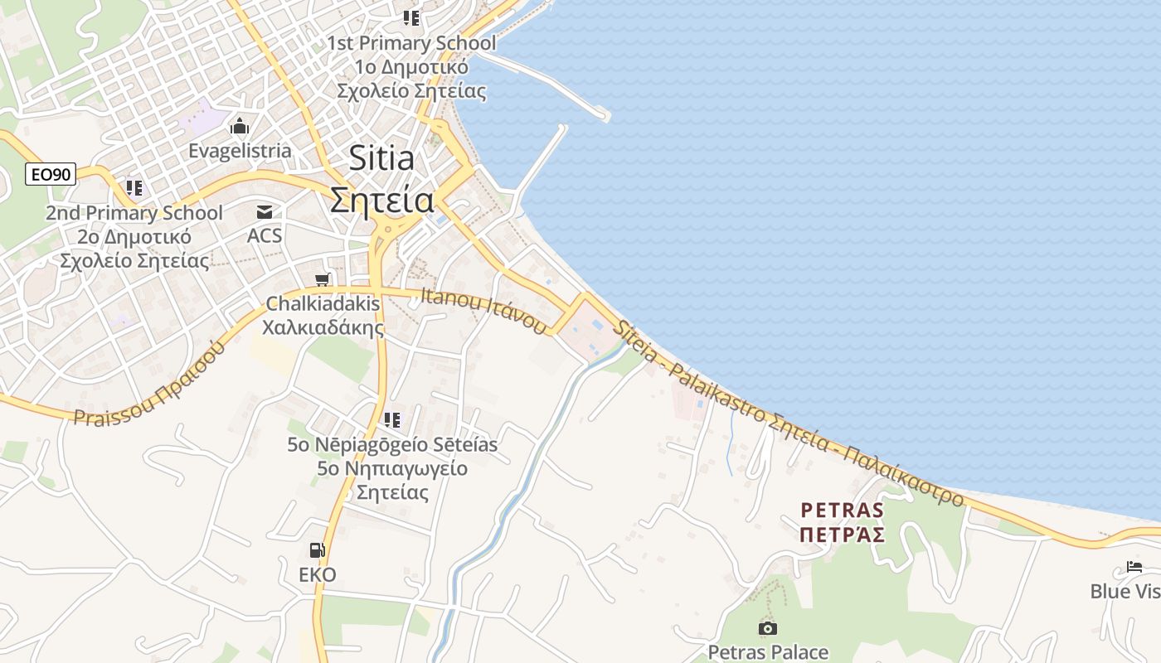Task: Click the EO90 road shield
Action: [x=51, y=174]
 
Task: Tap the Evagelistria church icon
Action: [x=240, y=127]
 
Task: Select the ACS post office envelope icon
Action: [x=265, y=212]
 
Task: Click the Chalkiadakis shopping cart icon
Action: [x=323, y=280]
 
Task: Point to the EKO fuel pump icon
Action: [x=317, y=550]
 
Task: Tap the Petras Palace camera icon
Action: [x=768, y=628]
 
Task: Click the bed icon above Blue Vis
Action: [x=1134, y=568]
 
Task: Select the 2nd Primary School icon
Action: [x=134, y=188]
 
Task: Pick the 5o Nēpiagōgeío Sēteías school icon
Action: [x=392, y=420]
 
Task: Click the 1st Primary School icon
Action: [x=411, y=17]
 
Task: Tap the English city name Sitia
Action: [x=381, y=157]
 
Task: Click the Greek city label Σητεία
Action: [x=381, y=201]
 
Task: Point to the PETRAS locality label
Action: [x=842, y=509]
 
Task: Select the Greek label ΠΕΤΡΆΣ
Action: [x=842, y=534]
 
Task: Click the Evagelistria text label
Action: [x=240, y=151]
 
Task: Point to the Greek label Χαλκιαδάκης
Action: [x=323, y=327]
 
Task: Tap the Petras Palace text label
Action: [x=768, y=652]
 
